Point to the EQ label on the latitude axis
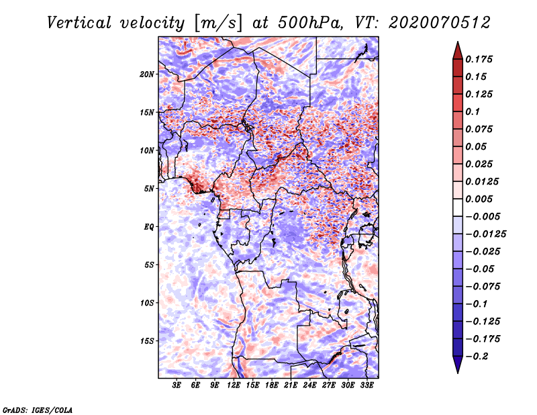[x=149, y=227]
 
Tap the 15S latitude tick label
[x=148, y=341]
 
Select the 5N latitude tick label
[x=150, y=189]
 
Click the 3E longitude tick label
[x=177, y=386]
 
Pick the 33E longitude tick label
[x=367, y=386]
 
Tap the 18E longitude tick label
[x=272, y=386]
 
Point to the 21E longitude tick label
[x=291, y=386]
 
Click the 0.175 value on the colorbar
[x=480, y=59]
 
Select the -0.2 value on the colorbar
[x=477, y=356]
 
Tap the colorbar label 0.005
[x=480, y=199]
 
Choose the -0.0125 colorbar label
[x=487, y=234]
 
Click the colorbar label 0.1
[x=474, y=111]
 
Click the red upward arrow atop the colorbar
[x=457, y=50]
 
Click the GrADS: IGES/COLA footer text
[x=38, y=409]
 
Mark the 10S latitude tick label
[x=148, y=303]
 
